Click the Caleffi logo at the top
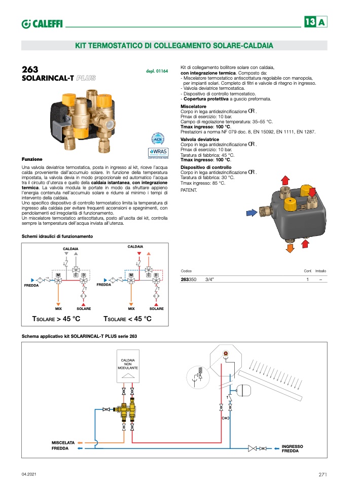pos(42,23)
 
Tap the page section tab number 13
pos(310,22)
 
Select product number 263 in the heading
pos(30,70)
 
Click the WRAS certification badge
pos(158,153)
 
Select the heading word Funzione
pos(32,159)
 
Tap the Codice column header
pos(187,271)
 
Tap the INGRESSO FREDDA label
pos(293,448)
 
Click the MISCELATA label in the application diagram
pos(63,443)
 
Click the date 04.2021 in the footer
pos(29,475)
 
